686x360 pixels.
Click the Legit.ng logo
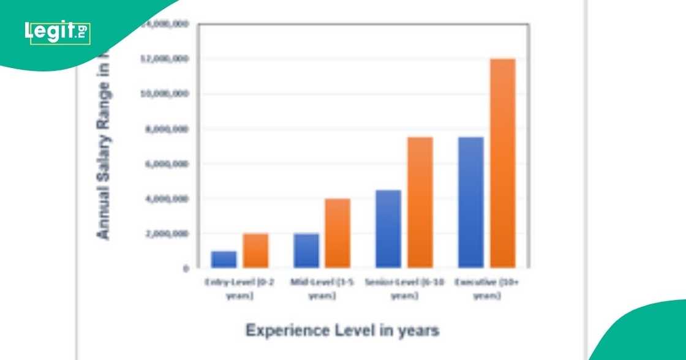pyautogui.click(x=58, y=32)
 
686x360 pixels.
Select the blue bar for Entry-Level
pyautogui.click(x=224, y=260)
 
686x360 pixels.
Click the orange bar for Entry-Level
pyautogui.click(x=255, y=250)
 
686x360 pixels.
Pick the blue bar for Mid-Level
pyautogui.click(x=306, y=250)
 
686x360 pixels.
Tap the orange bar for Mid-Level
pyautogui.click(x=337, y=233)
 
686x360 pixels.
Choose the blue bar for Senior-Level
pyautogui.click(x=388, y=229)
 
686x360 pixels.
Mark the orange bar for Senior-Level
pyautogui.click(x=420, y=203)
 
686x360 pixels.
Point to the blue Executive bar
pyautogui.click(x=470, y=203)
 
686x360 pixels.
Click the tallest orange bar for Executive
pyautogui.click(x=502, y=163)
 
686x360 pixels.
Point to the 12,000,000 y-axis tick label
pyautogui.click(x=165, y=59)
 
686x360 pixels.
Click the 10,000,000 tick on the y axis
pyautogui.click(x=165, y=94)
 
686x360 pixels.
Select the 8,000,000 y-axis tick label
pyautogui.click(x=167, y=129)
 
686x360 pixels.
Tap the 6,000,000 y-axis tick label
pyautogui.click(x=167, y=164)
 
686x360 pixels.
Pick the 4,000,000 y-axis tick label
pyautogui.click(x=167, y=199)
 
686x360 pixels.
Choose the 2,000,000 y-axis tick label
pyautogui.click(x=167, y=234)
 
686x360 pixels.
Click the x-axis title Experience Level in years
pyautogui.click(x=342, y=331)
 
